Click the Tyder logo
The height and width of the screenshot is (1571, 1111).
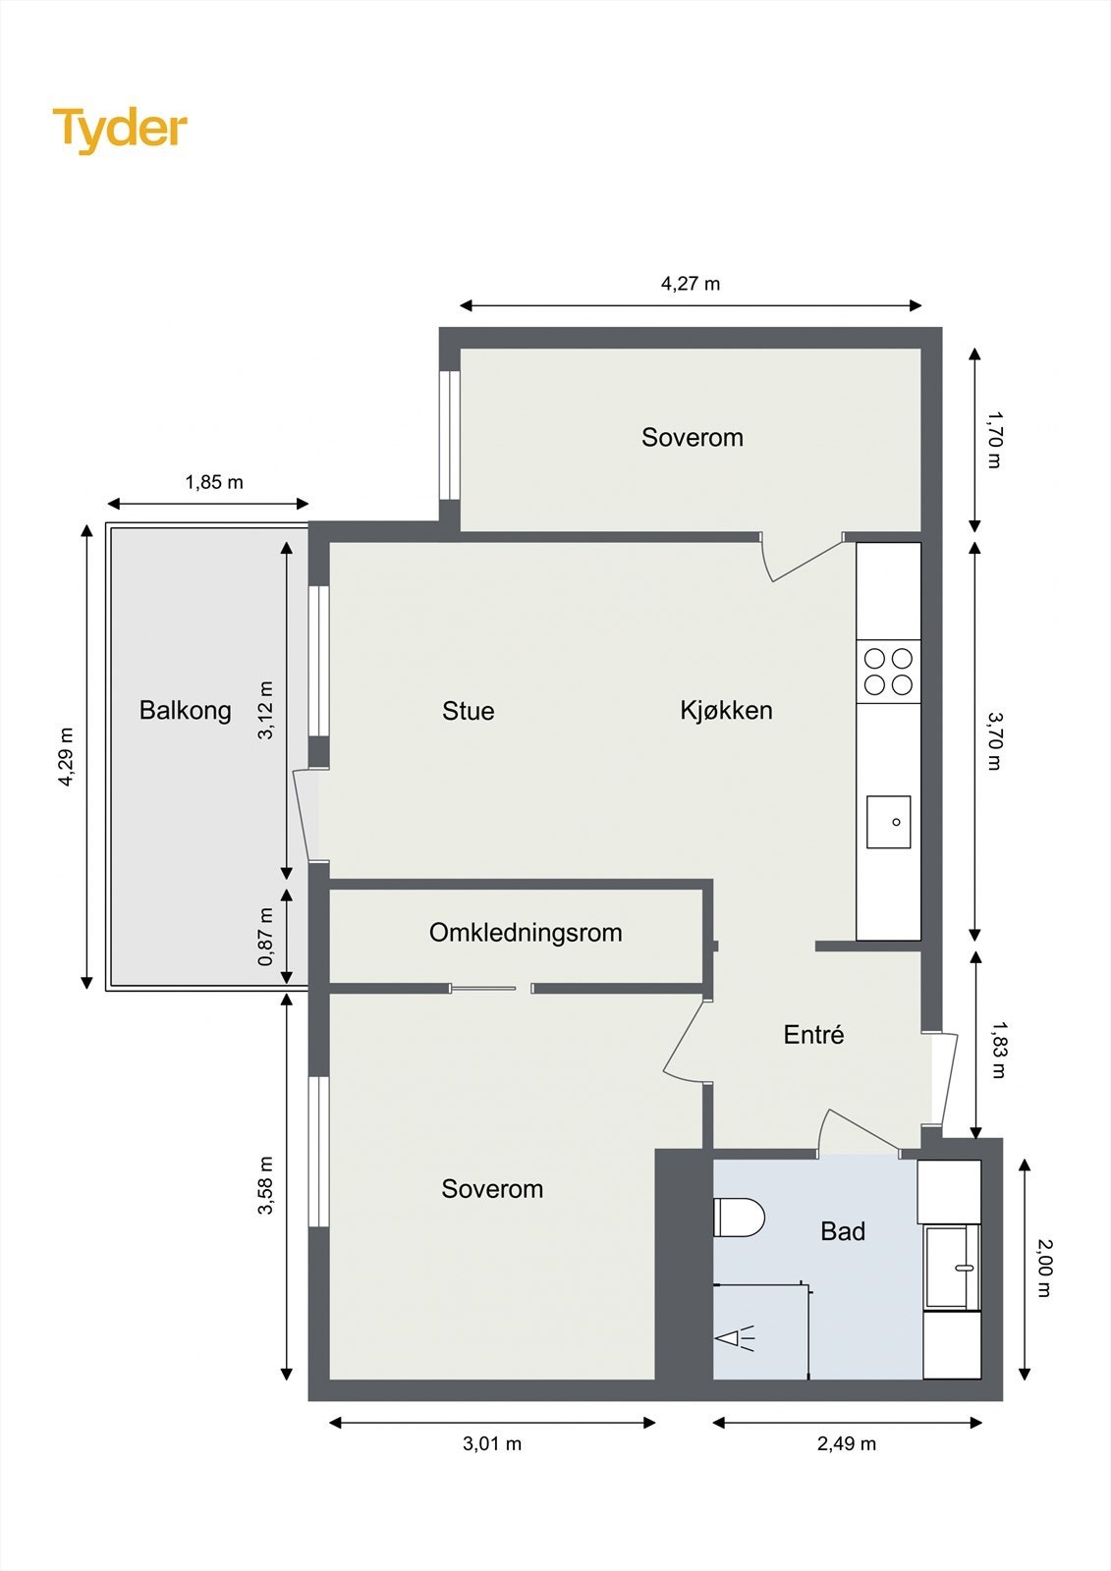(120, 131)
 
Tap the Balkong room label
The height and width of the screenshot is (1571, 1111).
(186, 711)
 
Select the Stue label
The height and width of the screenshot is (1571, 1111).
(469, 711)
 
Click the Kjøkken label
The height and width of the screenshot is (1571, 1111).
(726, 710)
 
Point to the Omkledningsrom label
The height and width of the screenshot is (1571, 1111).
(526, 932)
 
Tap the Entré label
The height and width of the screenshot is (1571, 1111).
(813, 1034)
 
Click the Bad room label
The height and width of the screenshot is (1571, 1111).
(842, 1231)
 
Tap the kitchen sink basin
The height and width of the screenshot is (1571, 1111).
(889, 822)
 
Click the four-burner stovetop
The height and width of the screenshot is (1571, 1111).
(888, 672)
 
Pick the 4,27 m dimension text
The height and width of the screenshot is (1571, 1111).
(691, 284)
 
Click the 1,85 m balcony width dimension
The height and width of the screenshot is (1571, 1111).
(214, 482)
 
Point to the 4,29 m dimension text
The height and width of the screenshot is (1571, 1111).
(66, 757)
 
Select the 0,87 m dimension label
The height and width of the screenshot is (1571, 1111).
(265, 937)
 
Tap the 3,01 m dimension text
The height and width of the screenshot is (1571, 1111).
(492, 1443)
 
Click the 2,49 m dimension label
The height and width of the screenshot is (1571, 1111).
(847, 1443)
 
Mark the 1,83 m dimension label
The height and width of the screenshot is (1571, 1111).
(997, 1049)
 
